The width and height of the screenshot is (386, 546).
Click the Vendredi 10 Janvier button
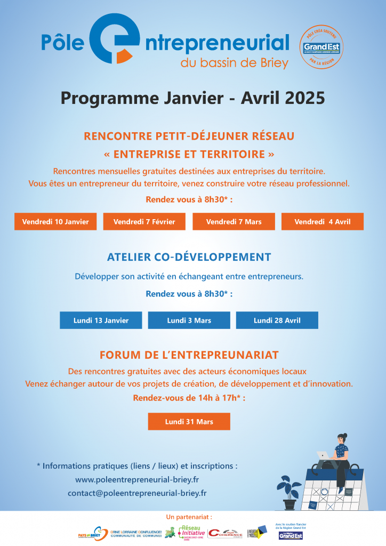[x=55, y=221]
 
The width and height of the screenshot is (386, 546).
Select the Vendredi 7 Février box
[x=144, y=221]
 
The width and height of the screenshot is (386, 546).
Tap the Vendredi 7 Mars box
[x=234, y=221]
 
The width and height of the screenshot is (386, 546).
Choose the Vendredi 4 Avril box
[x=322, y=221]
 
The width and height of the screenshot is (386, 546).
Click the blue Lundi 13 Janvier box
[x=101, y=320]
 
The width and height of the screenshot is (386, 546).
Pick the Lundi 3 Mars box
[x=189, y=320]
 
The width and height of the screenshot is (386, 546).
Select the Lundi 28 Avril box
[x=277, y=320]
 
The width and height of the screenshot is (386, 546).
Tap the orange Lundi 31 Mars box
[x=189, y=421]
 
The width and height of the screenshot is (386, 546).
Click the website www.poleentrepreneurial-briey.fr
[x=137, y=479]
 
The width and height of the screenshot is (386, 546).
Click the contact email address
[x=137, y=493]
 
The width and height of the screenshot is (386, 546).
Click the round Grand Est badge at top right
[x=321, y=47]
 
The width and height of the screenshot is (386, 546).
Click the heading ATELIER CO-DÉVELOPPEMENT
[x=189, y=256]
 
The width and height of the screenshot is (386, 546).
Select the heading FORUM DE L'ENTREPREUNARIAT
[x=189, y=355]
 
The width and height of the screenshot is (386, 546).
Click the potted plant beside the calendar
[x=289, y=491]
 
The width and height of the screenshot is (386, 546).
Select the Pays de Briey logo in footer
[x=90, y=533]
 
